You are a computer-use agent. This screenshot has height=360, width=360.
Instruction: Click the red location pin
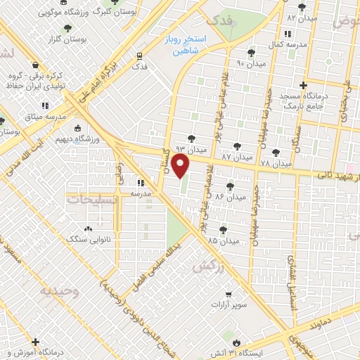181,167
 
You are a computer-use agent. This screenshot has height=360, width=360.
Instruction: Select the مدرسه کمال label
288,44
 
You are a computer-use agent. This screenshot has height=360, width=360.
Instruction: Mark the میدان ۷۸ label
274,163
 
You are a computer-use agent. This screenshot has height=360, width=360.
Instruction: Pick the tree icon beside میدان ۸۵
223,229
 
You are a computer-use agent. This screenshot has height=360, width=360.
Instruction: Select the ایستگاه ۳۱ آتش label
261,350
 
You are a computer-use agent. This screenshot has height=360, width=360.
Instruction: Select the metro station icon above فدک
140,56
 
